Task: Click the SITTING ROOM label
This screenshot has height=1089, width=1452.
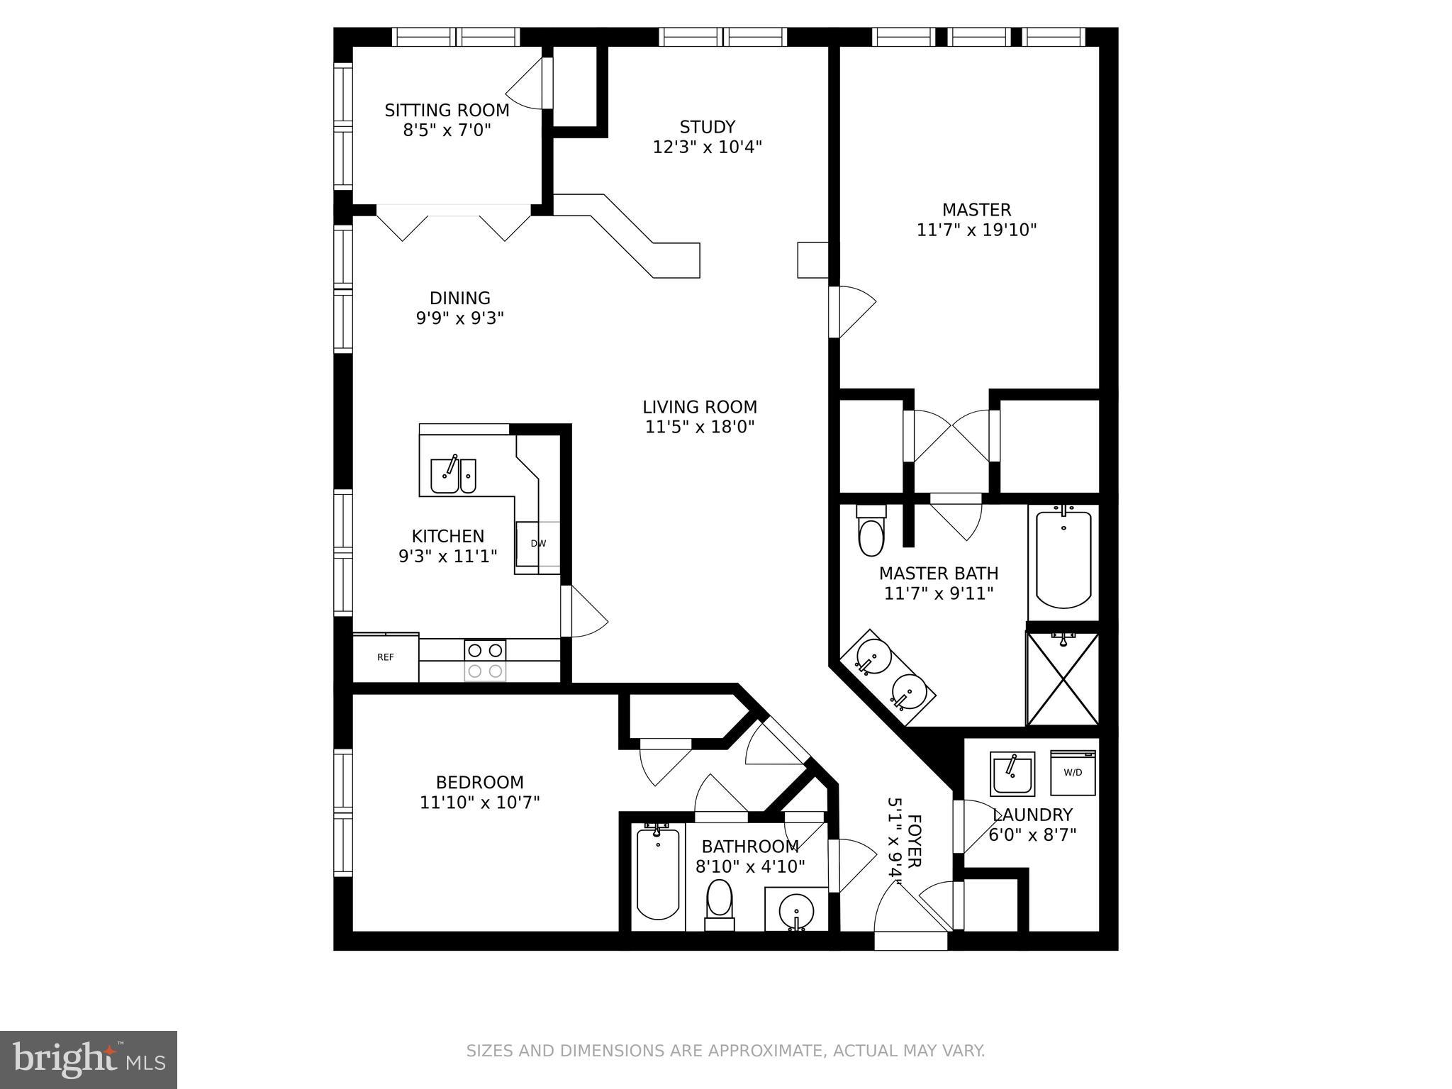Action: click(x=447, y=111)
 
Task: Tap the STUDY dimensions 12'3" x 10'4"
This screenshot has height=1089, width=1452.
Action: click(x=707, y=147)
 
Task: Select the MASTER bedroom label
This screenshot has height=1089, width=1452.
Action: click(x=976, y=210)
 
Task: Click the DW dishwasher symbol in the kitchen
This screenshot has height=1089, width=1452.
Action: click(x=538, y=544)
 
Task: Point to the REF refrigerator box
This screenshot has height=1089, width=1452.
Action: click(x=386, y=657)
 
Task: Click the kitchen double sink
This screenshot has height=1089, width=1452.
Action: click(x=453, y=475)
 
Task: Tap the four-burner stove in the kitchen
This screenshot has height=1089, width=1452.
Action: click(x=486, y=660)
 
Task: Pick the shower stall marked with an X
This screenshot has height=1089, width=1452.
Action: click(x=1062, y=678)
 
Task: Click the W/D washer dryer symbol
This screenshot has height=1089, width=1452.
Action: click(x=1073, y=773)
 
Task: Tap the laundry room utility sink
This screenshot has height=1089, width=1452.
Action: click(x=1012, y=774)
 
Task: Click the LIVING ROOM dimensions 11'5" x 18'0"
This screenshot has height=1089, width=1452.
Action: click(x=700, y=427)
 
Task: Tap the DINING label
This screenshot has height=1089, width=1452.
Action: click(x=459, y=298)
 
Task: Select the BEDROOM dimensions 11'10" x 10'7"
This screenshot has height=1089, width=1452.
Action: click(x=480, y=803)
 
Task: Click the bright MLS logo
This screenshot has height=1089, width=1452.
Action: click(x=89, y=1059)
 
